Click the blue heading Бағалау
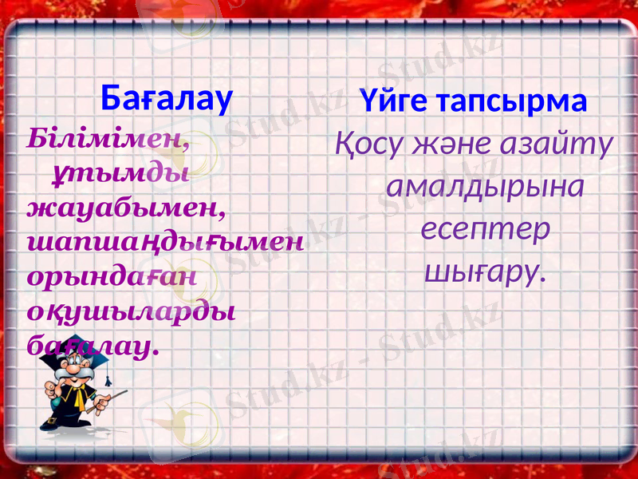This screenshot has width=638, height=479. (167, 98)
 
